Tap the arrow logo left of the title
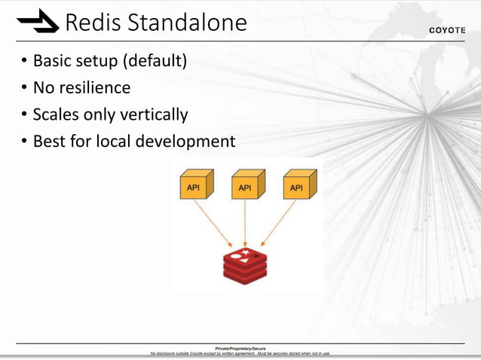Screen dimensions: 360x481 pyautogui.click(x=38, y=23)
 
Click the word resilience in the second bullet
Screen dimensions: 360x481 pyautogui.click(x=94, y=87)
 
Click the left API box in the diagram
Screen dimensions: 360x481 pyautogui.click(x=194, y=185)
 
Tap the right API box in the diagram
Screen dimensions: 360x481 pyautogui.click(x=297, y=185)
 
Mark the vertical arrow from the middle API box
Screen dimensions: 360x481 pyautogui.click(x=245, y=222)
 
